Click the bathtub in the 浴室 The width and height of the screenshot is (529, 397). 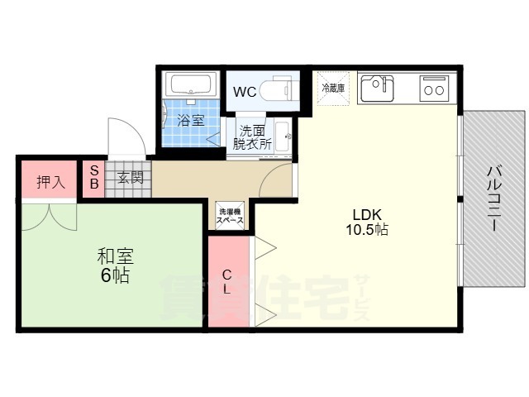pos(193,85)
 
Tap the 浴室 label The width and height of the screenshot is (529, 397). pos(191,121)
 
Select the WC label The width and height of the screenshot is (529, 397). pos(243,92)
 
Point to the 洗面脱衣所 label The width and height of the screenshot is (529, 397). pos(252,136)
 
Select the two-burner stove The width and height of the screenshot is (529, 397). pos(435,86)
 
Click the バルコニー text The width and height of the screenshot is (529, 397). pos(493,198)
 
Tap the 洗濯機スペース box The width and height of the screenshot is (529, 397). pos(230,216)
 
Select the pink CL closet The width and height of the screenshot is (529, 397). pos(227,282)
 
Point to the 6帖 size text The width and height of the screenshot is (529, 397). pos(114,276)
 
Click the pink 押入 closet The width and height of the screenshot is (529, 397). pos(50,181)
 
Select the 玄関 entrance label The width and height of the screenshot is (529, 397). pos(129,177)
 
